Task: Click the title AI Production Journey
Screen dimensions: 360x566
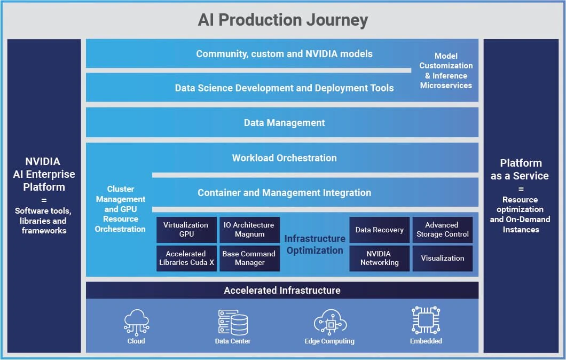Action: (282, 20)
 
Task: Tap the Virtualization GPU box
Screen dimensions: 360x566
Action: (186, 230)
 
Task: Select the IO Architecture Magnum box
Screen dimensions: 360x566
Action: (249, 230)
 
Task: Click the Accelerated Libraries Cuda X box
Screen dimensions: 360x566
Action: (186, 258)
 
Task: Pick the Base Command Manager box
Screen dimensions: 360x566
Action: (249, 258)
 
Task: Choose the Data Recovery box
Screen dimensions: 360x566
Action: (379, 230)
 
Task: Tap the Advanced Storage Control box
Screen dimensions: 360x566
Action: (442, 230)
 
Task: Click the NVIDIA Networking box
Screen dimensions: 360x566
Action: (379, 258)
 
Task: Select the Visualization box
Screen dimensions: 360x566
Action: (442, 258)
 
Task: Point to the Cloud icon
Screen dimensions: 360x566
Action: (136, 322)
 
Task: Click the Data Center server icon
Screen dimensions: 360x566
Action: (233, 322)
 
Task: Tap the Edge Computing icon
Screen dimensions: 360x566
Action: (329, 322)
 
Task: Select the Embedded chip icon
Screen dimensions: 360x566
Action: (426, 320)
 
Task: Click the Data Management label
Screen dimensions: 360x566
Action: (284, 123)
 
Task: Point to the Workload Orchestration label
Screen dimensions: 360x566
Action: (284, 158)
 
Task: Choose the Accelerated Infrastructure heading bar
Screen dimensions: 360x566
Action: (282, 291)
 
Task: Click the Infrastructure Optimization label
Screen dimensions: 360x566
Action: (315, 245)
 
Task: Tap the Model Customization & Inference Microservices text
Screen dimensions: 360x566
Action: (446, 71)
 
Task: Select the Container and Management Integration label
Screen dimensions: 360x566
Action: (284, 193)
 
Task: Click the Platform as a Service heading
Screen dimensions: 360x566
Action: (520, 169)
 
